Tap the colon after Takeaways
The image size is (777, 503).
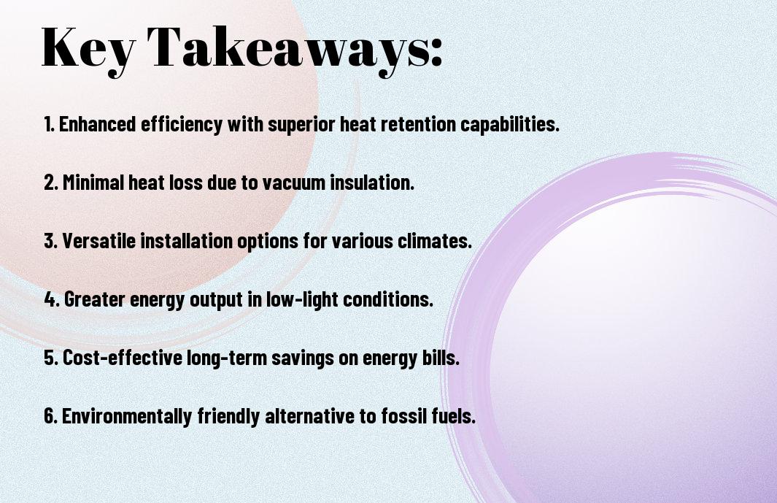[436, 53]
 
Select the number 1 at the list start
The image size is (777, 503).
[48, 124]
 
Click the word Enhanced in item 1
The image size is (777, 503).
[97, 124]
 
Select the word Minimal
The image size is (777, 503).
[93, 183]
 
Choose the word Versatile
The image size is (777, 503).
[99, 241]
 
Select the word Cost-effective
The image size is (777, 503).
[123, 358]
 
